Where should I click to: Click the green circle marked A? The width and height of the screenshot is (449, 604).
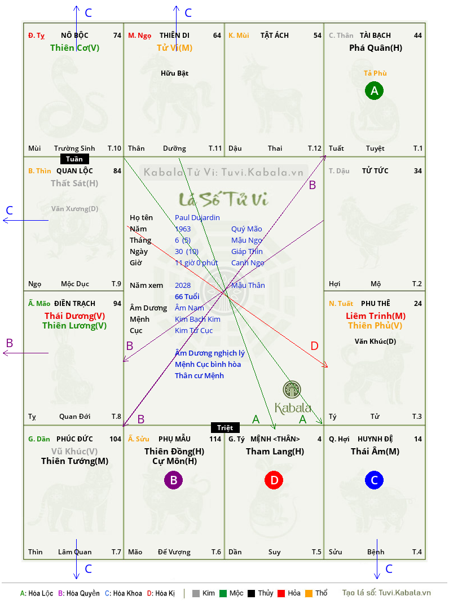pos(375,90)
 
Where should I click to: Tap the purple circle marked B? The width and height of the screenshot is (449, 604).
pos(174,480)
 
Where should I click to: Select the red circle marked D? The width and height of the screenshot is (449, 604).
pos(274,480)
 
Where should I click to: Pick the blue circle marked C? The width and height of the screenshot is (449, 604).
pos(375,480)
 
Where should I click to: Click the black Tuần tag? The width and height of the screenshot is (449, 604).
pos(74,159)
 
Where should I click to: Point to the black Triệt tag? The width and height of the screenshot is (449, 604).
pos(225,427)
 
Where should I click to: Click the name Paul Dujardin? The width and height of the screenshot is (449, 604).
pos(197,218)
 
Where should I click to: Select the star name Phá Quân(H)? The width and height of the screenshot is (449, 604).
pos(376,48)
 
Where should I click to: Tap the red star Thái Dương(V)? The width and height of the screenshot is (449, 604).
pos(74,316)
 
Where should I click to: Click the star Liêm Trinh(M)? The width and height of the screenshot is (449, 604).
pos(376,316)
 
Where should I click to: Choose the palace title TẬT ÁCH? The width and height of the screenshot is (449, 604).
pos(275,36)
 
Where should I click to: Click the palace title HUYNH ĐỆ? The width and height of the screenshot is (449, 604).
pos(375,439)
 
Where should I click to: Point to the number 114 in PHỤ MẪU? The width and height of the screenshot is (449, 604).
pos(215,439)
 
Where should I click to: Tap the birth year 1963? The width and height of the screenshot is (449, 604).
pos(183,229)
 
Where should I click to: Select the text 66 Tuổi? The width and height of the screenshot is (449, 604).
pos(187,296)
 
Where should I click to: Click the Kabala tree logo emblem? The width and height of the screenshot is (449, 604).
pos(292,389)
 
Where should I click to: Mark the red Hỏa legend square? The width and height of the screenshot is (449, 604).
pos(281,593)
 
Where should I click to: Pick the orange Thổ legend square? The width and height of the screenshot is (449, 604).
pos(309,593)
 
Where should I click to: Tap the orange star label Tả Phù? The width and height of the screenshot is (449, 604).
pos(375,73)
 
